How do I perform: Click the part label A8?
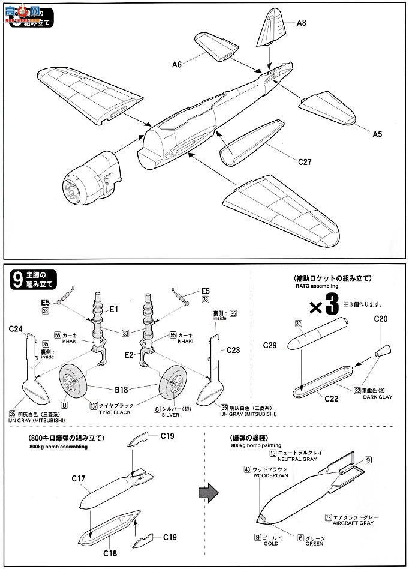pos(302,23)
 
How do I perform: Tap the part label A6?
pos(178,61)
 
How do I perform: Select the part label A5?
pos(377,134)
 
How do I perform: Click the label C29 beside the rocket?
pos(272,345)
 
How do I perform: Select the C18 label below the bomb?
pos(109,553)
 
